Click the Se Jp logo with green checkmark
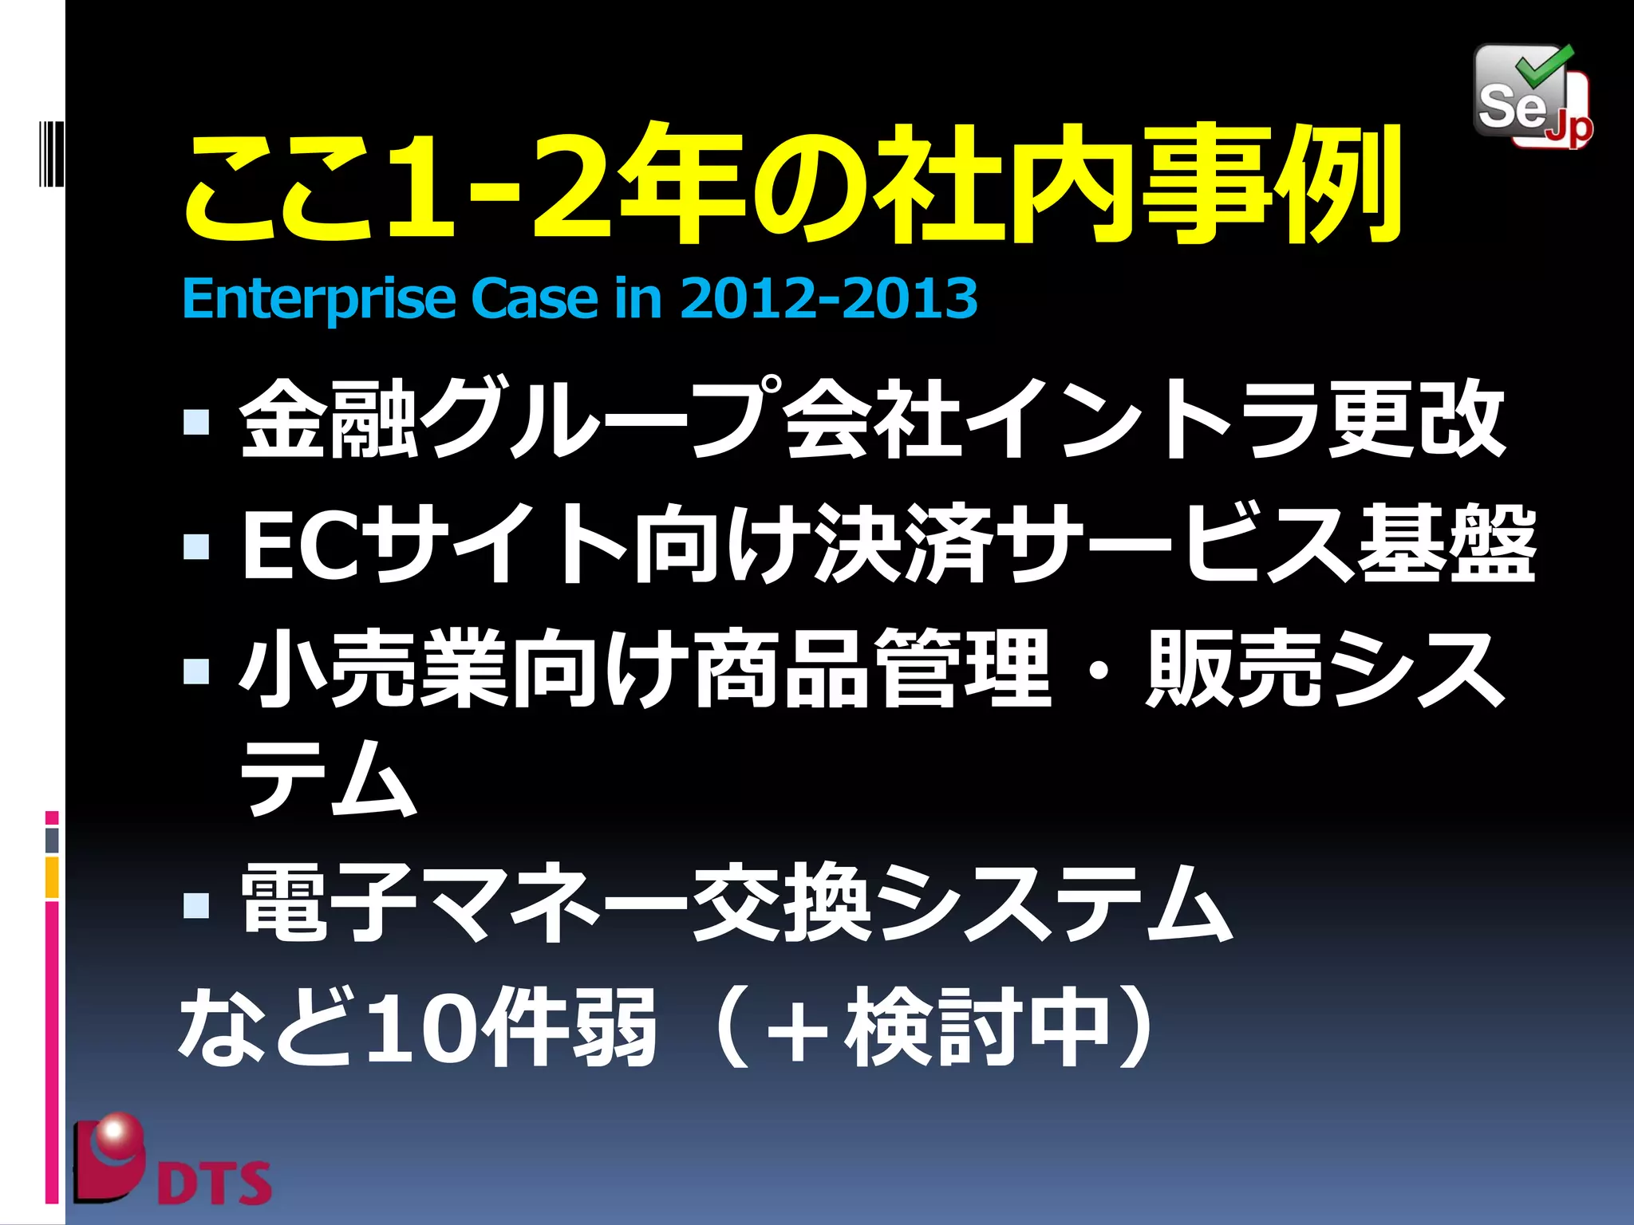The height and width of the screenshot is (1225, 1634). point(1532,97)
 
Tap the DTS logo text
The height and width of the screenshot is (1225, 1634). point(214,1183)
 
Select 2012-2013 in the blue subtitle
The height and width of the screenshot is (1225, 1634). point(828,298)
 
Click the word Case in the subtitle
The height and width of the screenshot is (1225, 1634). point(534,298)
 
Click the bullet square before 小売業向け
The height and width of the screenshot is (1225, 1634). point(195,671)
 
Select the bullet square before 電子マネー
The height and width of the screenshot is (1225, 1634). point(195,904)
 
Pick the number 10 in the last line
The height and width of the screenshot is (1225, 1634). point(420,1029)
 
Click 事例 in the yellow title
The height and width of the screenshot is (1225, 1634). point(1273,185)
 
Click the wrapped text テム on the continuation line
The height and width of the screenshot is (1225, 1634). point(328,778)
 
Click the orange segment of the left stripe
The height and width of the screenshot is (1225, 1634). point(52,876)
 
